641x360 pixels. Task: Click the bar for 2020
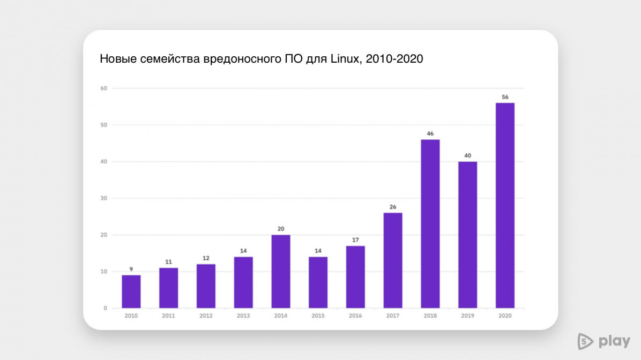505,205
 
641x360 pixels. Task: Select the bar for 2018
430,224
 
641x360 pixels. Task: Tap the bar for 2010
131,291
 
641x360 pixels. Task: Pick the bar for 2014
280,272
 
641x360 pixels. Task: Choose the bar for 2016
355,277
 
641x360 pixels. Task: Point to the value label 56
505,97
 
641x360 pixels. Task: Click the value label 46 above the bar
430,133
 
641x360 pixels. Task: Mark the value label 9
131,269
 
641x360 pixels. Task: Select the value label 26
393,207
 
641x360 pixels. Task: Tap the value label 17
355,239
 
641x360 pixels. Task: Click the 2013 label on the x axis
243,316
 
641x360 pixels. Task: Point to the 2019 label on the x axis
467,316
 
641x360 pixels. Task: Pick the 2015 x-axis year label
318,316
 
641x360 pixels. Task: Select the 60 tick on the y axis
103,88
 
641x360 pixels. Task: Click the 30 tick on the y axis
103,198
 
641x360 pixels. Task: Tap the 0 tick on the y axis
105,308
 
